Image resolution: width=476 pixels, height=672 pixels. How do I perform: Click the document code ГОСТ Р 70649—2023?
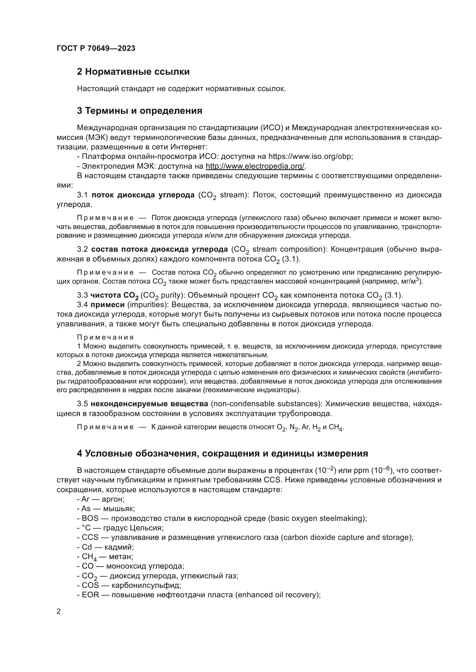96,49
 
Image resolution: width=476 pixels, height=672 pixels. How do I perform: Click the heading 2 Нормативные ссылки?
133,72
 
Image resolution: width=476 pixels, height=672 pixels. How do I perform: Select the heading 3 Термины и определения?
140,111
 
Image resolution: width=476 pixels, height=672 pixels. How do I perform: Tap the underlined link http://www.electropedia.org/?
255,166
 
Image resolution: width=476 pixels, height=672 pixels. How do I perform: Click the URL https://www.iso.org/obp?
311,157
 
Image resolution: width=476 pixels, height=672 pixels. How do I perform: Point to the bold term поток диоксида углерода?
143,195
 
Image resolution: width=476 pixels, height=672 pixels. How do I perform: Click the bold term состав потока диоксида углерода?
159,249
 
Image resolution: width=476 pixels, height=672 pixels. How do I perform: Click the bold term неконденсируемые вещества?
149,404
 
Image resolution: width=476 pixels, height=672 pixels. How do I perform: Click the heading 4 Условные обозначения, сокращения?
222,453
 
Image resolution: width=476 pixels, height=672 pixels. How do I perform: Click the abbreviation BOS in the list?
90,518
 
